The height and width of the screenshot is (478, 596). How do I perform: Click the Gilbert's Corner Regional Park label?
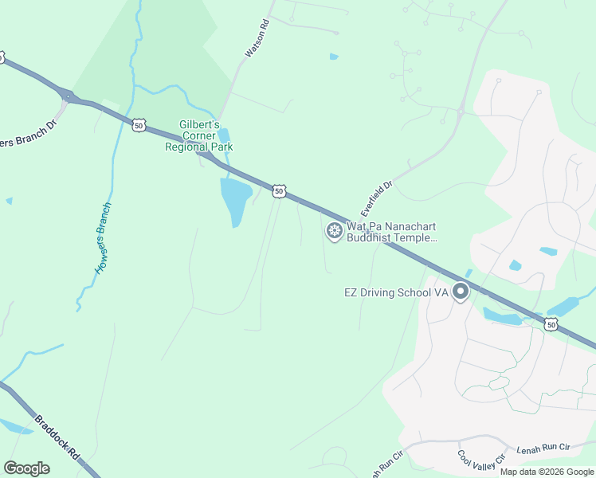[x=198, y=135]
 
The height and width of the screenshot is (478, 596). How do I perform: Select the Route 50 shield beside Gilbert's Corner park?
[x=139, y=125]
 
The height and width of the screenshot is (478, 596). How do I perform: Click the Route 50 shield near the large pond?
[x=279, y=190]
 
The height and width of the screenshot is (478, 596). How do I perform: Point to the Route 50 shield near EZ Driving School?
[x=551, y=323]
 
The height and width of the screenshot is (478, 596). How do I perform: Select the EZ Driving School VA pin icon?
[x=461, y=292]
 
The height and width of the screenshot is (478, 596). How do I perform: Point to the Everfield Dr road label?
[x=378, y=198]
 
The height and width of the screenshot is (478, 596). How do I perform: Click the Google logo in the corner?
[x=26, y=468]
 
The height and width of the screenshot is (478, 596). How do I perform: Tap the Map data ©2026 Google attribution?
[x=547, y=472]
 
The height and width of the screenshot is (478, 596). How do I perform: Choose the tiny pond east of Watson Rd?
[x=334, y=57]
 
